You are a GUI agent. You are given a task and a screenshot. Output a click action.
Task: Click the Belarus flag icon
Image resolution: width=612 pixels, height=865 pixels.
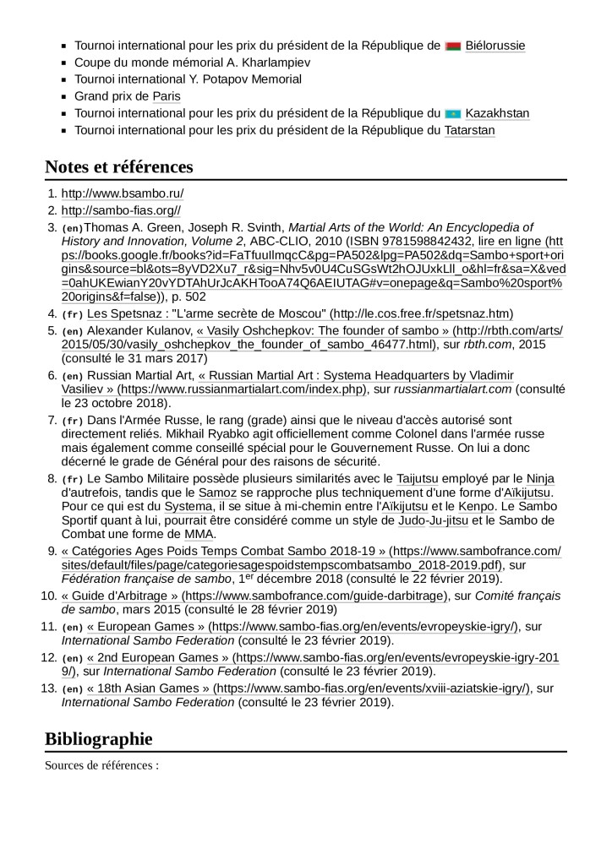[452, 46]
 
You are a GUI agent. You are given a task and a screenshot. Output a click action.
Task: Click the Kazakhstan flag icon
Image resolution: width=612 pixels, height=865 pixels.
[452, 113]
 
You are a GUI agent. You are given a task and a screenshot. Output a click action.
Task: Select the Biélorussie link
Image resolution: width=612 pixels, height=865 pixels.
[495, 46]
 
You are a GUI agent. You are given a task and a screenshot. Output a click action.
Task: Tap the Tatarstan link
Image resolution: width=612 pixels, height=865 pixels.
[469, 130]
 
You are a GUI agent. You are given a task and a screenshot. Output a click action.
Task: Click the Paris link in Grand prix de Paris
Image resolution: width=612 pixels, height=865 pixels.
[167, 96]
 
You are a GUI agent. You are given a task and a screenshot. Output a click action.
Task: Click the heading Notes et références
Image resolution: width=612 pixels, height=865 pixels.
[119, 166]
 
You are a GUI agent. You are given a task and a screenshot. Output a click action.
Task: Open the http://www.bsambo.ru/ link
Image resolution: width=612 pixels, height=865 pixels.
[123, 193]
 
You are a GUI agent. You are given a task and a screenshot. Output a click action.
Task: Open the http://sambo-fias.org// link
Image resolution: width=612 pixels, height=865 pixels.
[121, 210]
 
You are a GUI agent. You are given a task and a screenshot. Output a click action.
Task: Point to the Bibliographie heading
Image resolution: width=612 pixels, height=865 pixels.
[99, 738]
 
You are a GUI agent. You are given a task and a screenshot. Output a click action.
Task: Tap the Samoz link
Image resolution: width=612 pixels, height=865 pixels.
[216, 492]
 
